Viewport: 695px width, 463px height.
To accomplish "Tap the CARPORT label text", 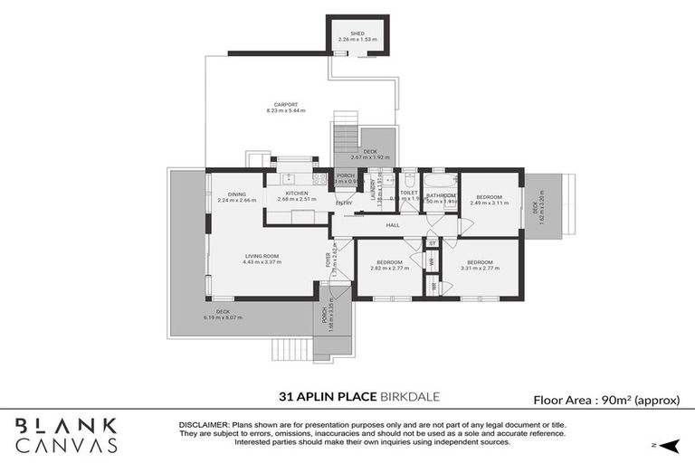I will (x=286, y=104).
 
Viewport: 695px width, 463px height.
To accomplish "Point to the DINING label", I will (x=237, y=194).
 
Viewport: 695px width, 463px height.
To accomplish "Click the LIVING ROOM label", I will (x=262, y=256).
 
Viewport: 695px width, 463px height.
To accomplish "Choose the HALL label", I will (x=392, y=225).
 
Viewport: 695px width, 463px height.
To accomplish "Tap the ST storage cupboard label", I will (x=433, y=243).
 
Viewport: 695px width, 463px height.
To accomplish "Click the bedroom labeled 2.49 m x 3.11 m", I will (x=490, y=196).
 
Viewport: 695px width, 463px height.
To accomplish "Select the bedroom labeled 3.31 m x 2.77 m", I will (x=480, y=262).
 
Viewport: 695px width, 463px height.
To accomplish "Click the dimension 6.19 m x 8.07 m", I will (x=224, y=317).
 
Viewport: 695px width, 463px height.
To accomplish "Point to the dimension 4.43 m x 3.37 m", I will (x=262, y=262).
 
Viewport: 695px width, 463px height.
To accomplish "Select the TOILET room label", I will (x=408, y=193).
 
